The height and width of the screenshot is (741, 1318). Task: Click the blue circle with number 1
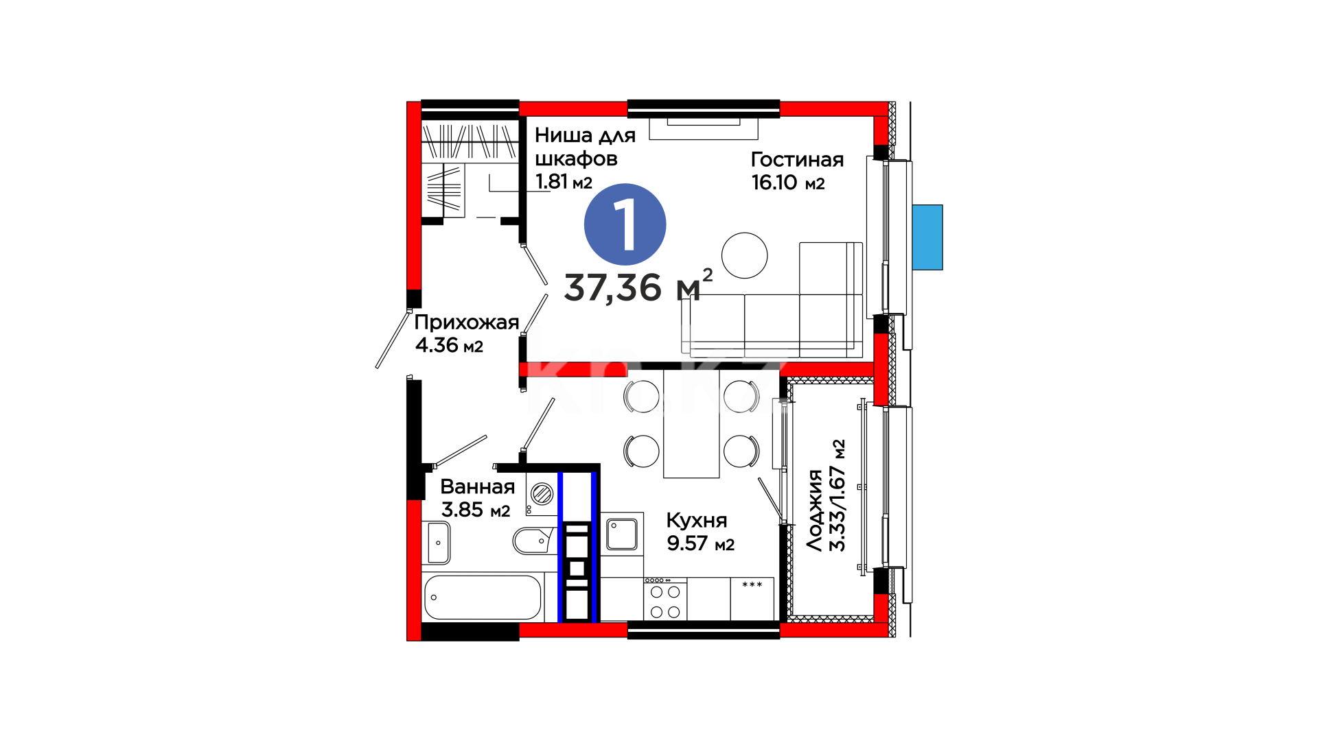[x=625, y=224]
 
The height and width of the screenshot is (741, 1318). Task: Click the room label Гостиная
[x=797, y=159]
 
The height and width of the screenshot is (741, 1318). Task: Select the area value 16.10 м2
[x=788, y=182]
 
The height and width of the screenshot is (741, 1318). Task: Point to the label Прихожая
[x=466, y=322]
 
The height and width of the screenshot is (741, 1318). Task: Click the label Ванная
[x=477, y=486]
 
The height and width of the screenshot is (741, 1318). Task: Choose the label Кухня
[x=696, y=520]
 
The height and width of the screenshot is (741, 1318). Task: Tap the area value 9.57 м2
[x=700, y=543]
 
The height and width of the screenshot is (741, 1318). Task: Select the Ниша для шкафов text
[x=585, y=147]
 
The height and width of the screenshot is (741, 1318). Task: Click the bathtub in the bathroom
[x=483, y=597]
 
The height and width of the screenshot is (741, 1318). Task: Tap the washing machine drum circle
[x=542, y=493]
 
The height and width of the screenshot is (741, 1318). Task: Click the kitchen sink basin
[x=622, y=534]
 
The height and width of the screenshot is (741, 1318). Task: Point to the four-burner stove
[x=665, y=599]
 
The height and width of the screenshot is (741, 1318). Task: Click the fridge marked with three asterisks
[x=752, y=599]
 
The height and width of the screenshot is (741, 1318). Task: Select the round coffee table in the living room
[x=744, y=255]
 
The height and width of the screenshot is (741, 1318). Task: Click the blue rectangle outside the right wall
[x=927, y=237]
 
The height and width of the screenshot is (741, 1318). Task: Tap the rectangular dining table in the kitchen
[x=691, y=424]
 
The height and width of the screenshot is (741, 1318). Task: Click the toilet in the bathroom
[x=533, y=541]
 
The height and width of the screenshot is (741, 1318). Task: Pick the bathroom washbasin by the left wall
[x=439, y=543]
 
